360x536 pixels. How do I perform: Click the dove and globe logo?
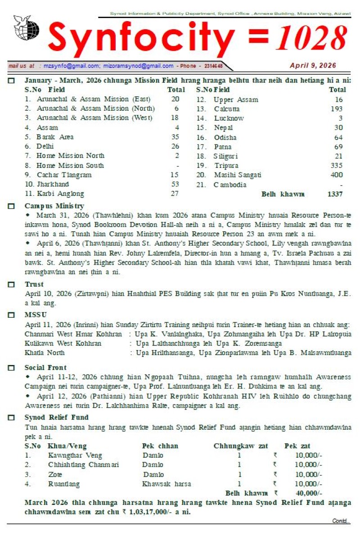(22, 28)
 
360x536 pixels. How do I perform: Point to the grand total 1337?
(335, 194)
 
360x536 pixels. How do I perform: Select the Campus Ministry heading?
(54, 206)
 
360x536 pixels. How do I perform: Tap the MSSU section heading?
(36, 315)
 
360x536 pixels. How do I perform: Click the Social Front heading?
(45, 368)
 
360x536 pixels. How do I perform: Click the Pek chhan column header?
(160, 446)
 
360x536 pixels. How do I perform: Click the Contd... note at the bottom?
(341, 521)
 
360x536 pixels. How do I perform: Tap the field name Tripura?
(226, 166)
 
